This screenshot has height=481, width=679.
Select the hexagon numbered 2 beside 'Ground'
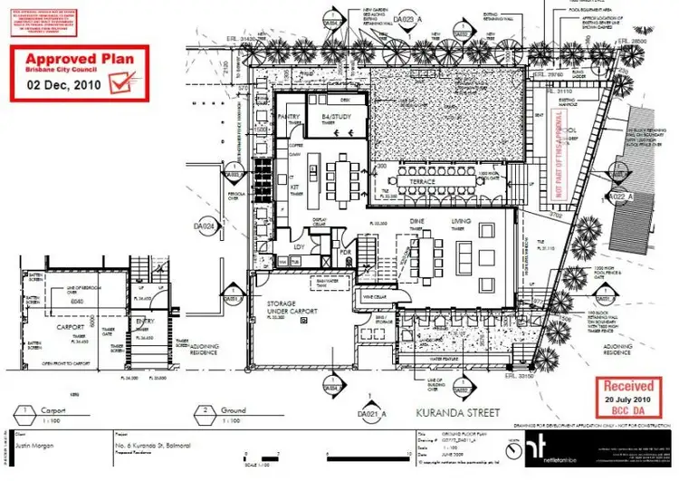click(206, 409)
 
